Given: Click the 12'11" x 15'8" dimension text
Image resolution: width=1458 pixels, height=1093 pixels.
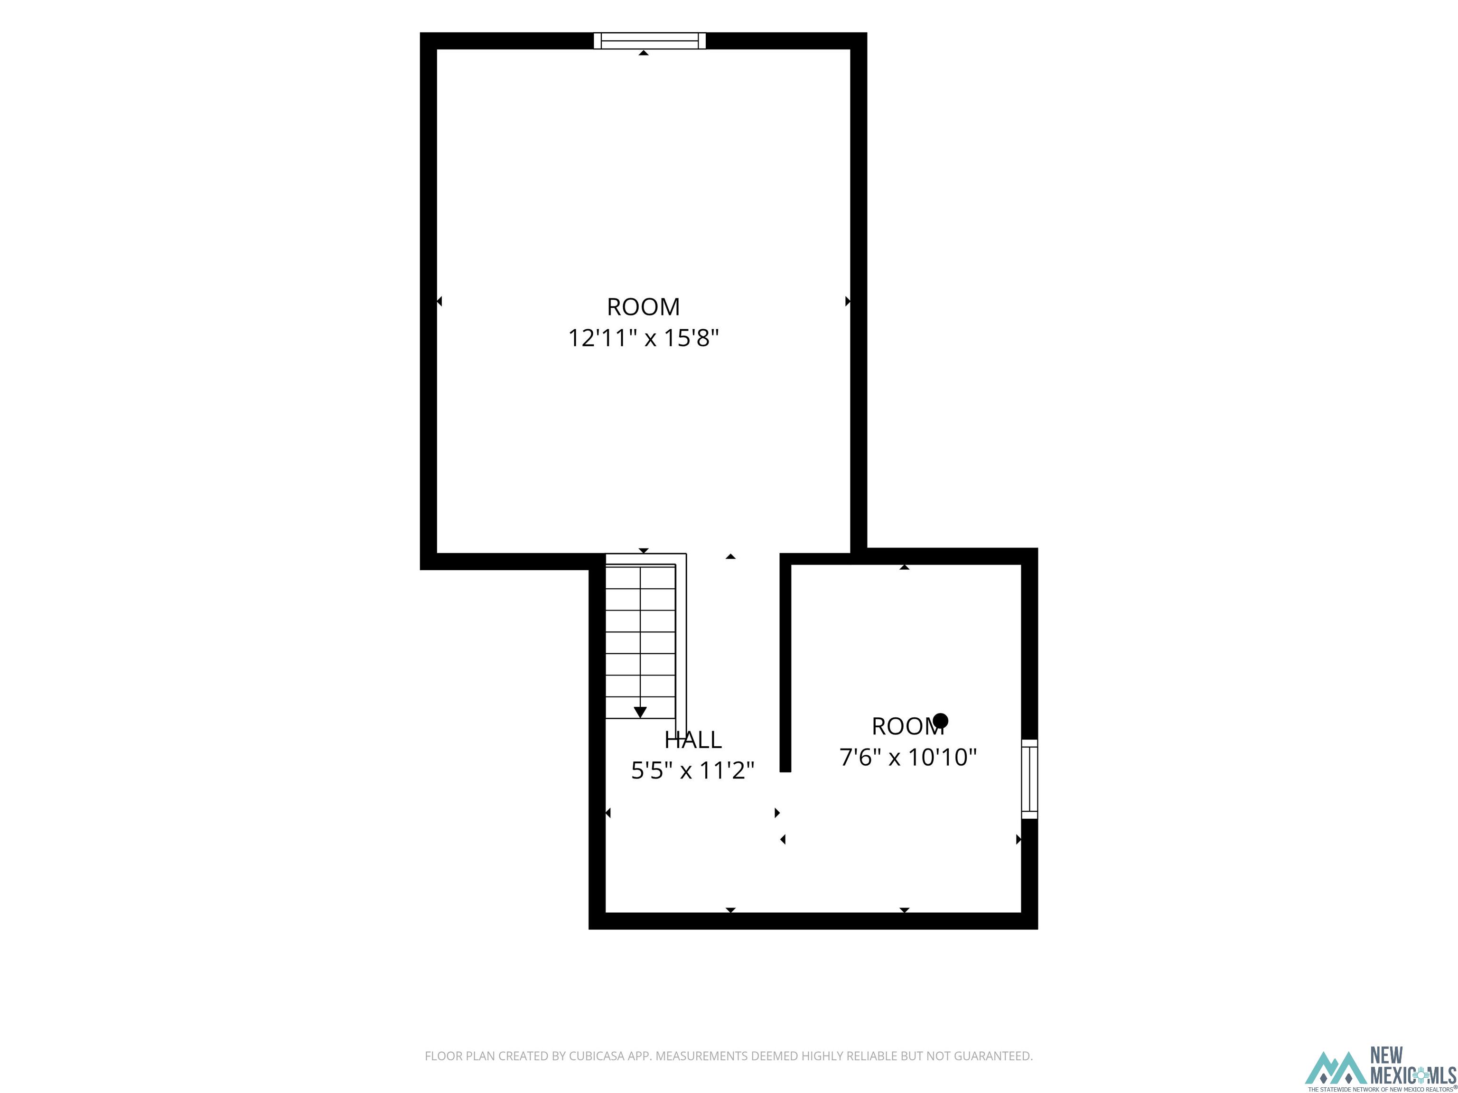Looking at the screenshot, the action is (x=643, y=338).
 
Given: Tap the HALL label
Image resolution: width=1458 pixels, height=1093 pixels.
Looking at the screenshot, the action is (x=693, y=740).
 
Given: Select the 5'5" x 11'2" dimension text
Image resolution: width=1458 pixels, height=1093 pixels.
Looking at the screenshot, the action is (x=693, y=770).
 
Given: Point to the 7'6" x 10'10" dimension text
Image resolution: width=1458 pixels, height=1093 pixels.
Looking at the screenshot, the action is (x=907, y=757).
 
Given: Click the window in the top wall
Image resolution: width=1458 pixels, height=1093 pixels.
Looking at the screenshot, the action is (x=650, y=40).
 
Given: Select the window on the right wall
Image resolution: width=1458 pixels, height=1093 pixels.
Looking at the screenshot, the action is (x=1029, y=779).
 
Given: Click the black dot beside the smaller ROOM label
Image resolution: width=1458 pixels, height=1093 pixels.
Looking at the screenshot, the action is (x=941, y=720).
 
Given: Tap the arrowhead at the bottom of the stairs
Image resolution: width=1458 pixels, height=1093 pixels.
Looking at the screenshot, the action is (x=640, y=712).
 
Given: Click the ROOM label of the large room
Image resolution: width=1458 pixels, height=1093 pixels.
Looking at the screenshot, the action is (x=643, y=306).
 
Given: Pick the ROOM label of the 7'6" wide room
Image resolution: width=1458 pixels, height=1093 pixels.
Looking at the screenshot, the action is (x=907, y=726).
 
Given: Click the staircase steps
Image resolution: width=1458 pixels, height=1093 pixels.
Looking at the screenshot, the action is (x=640, y=641).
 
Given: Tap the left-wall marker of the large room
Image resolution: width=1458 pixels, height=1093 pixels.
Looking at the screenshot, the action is (x=439, y=301).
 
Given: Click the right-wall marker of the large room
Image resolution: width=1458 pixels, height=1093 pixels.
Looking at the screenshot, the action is (x=848, y=301).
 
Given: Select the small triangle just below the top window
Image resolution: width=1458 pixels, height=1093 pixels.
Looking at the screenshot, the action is (x=643, y=53).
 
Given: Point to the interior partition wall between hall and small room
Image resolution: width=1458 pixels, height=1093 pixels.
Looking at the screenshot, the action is (x=785, y=663).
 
